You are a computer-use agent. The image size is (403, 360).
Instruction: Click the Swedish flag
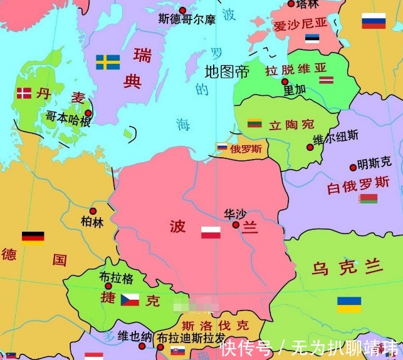(x=108, y=62)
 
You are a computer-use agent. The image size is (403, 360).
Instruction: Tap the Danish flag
(x=24, y=93)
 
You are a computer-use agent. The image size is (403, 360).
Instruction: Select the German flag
(x=33, y=237)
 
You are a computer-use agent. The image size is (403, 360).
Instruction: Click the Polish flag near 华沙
(x=211, y=232)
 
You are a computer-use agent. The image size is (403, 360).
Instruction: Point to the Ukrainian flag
(x=349, y=304)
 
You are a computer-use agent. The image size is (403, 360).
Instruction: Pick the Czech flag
(x=130, y=299)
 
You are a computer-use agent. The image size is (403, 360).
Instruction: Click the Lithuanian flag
(x=254, y=123)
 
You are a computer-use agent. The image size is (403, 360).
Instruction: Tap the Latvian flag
(x=326, y=80)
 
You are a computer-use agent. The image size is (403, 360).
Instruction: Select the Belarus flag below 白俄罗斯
(x=368, y=198)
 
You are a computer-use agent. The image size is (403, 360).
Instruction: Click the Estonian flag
(x=312, y=38)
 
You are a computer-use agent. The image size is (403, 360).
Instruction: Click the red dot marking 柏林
(x=93, y=211)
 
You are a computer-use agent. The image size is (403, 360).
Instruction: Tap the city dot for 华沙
(x=236, y=224)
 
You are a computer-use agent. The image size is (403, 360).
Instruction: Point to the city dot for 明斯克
(x=353, y=167)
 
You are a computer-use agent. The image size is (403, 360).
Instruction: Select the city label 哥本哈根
(x=68, y=118)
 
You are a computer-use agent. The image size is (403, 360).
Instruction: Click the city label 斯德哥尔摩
(x=187, y=19)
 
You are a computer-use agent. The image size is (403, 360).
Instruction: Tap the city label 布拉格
(x=117, y=277)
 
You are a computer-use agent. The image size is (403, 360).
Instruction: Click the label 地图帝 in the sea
(x=227, y=71)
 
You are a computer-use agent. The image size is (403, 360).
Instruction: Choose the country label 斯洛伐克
(x=215, y=325)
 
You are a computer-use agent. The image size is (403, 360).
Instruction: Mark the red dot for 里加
(x=285, y=81)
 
